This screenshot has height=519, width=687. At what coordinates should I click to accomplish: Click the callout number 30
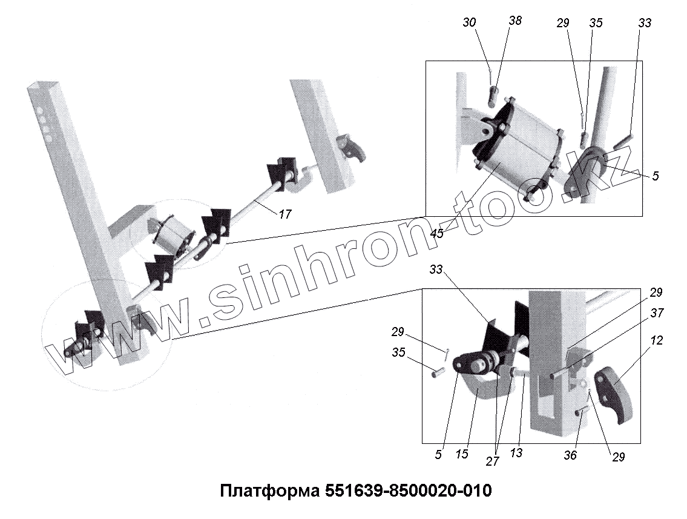(x=469, y=22)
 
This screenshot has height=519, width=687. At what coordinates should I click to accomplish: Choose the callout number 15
(x=462, y=454)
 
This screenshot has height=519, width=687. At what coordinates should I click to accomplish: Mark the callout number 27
(x=492, y=461)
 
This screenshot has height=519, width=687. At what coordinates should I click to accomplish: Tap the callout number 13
(x=516, y=452)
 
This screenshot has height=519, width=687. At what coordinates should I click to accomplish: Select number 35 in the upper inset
(x=596, y=23)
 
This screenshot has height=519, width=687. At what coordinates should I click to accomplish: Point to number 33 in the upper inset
(x=644, y=23)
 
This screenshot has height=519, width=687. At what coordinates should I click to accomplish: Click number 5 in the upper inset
(x=656, y=176)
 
